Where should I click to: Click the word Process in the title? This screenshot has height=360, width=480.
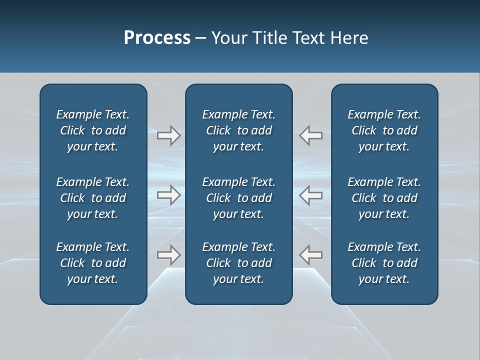coord(157,38)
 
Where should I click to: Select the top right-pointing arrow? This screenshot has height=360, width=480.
coord(169,135)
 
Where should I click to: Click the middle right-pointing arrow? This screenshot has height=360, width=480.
coord(169,195)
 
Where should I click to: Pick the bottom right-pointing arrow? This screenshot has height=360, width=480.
coord(169,255)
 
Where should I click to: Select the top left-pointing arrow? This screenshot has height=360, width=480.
coord(310,135)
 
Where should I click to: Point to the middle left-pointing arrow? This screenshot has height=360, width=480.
coord(310,195)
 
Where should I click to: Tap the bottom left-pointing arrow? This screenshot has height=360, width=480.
coord(310,255)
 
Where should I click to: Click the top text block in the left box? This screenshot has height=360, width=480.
coord(93,130)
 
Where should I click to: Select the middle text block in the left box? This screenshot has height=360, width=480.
coord(93,198)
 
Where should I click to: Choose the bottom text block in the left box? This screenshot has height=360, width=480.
coord(93,263)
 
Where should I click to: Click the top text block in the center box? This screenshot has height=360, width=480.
coord(238,130)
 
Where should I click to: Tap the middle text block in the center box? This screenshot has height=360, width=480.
coord(238,198)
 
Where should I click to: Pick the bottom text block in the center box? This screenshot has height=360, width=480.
coord(238,263)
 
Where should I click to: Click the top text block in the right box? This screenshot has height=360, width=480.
coord(384,130)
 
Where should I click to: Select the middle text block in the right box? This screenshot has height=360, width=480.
coord(384,198)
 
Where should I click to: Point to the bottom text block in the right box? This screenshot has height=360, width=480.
coord(384,263)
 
